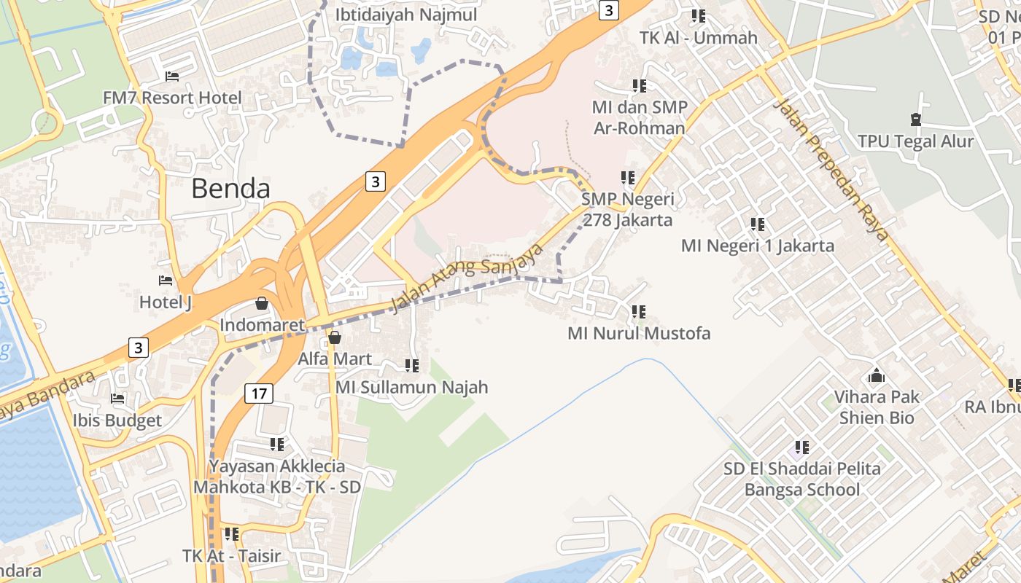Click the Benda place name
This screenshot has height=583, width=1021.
coord(230,189)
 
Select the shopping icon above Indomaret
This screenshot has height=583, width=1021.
coord(262,303)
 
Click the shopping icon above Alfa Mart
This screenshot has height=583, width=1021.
coord(335,337)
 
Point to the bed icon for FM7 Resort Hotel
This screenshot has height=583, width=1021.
coord(172,77)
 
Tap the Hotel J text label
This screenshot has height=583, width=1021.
coord(166,302)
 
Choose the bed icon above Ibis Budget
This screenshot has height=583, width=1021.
coord(117,399)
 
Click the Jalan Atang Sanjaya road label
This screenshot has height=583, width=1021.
coord(467,278)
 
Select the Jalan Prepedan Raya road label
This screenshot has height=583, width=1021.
coord(831,169)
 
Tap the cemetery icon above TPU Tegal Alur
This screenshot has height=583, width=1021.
coord(916,120)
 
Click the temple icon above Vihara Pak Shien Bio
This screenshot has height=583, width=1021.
coord(877,376)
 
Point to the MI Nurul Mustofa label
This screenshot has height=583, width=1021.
coord(639,334)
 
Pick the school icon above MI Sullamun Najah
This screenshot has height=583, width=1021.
coord(412,366)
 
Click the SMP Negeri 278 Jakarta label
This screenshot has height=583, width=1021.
coord(627,209)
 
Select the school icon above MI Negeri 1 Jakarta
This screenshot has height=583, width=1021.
coord(758,224)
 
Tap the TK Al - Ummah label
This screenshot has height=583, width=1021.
coord(699,38)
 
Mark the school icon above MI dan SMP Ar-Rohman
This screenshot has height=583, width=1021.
coord(640,86)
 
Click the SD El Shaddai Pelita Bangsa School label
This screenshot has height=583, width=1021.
coord(802,480)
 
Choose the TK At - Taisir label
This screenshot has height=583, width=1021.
coord(231,556)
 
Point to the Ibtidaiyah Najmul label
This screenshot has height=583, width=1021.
coord(406,15)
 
